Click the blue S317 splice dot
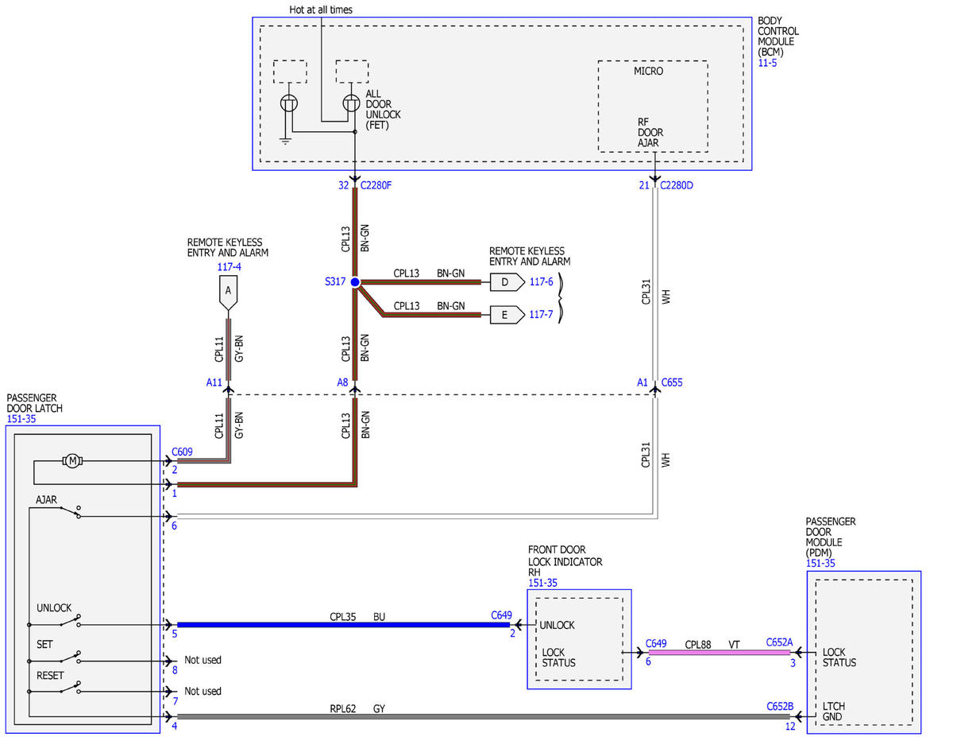tap(355, 281)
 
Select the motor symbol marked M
tap(72, 461)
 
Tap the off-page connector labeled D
tap(507, 281)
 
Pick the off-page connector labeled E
tap(507, 315)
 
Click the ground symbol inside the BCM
tap(286, 141)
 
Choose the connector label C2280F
tap(376, 185)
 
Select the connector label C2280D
tap(677, 185)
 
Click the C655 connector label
tap(671, 382)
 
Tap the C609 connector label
tap(182, 452)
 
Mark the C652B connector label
tap(780, 706)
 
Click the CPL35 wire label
tap(342, 617)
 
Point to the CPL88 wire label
tap(698, 645)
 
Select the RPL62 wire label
tap(342, 708)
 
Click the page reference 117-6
tap(541, 281)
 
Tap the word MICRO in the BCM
tap(648, 71)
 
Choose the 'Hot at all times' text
tap(321, 10)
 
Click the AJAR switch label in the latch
tap(46, 499)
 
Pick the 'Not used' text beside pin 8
tap(203, 660)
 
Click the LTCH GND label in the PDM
tap(833, 712)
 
